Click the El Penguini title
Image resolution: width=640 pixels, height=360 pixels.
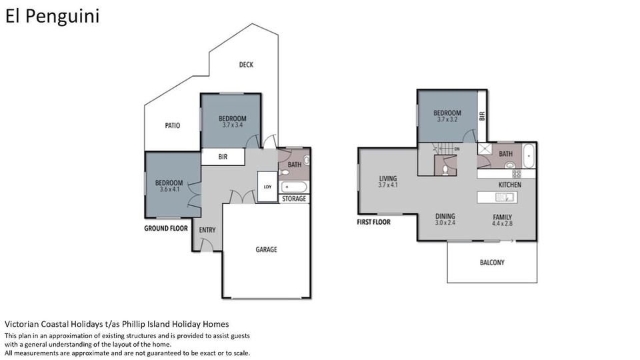tap(52, 17)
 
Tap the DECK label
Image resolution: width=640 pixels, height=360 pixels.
tap(246, 65)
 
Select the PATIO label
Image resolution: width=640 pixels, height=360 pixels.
tap(172, 125)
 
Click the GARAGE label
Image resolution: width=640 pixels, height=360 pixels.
tap(266, 249)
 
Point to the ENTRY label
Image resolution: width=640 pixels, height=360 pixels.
tap(207, 230)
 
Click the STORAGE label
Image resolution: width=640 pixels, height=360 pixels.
tap(294, 199)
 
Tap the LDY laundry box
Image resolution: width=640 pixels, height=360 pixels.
tap(267, 187)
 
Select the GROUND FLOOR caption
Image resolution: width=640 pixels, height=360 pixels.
tap(166, 228)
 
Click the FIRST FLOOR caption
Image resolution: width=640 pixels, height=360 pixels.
tap(373, 222)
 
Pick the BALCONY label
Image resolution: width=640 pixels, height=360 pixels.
tap(492, 263)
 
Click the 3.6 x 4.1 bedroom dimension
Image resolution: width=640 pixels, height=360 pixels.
tap(169, 189)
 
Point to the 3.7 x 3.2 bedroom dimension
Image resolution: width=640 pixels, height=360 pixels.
tap(447, 119)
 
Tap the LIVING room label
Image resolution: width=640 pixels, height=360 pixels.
tap(388, 179)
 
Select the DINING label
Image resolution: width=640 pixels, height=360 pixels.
tap(445, 216)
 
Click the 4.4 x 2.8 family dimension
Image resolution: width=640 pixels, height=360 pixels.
tap(502, 224)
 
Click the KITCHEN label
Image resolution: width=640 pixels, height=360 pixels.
tap(510, 185)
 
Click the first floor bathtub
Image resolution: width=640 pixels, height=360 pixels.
tap(529, 155)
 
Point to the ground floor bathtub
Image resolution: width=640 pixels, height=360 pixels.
tap(294, 187)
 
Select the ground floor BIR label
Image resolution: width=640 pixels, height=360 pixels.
tap(223, 157)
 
